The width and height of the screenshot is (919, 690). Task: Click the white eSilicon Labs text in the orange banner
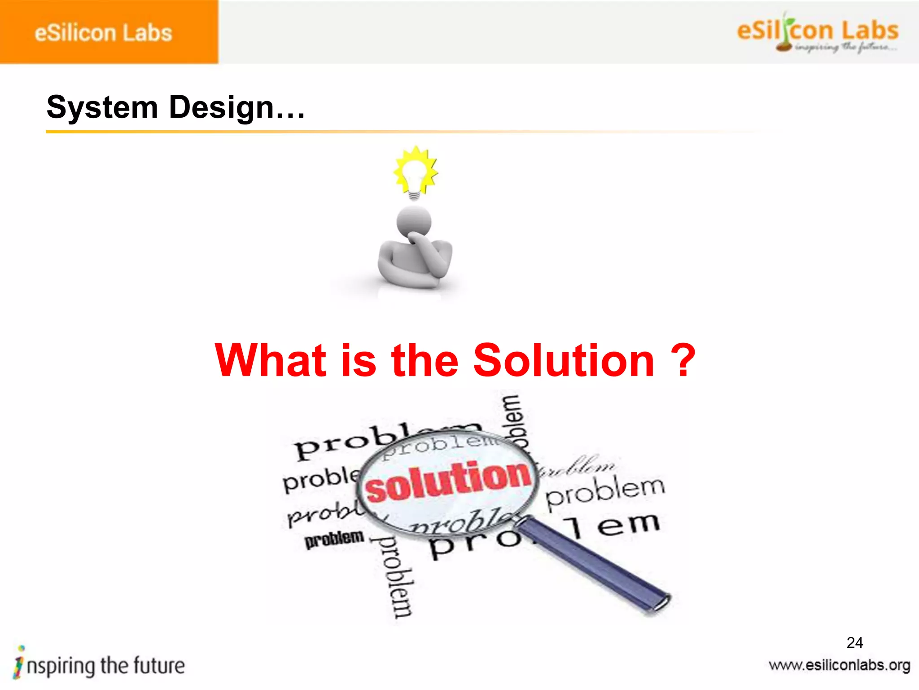103,33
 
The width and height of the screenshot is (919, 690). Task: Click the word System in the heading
102,108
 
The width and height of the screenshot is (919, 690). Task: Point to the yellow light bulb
415,173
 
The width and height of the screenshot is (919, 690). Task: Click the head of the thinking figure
414,221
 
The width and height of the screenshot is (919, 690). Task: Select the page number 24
854,642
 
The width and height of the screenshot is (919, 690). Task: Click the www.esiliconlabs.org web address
839,665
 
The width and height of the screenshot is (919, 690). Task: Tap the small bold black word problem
334,539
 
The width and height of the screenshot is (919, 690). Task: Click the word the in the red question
424,360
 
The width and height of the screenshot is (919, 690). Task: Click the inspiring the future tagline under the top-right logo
846,47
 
